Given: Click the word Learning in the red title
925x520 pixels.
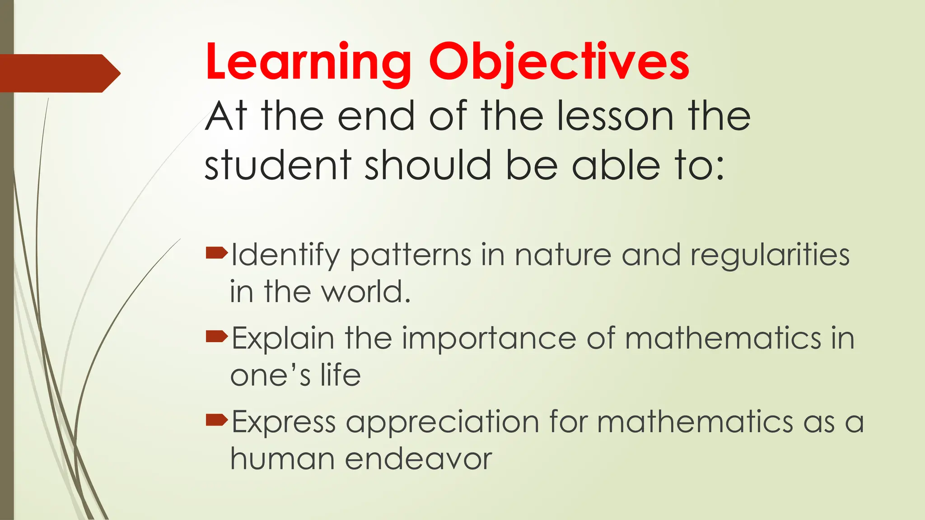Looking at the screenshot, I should tap(308, 62).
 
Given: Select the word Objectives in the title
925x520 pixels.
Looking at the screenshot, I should tap(559, 62).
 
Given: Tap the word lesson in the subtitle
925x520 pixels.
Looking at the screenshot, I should tap(615, 116).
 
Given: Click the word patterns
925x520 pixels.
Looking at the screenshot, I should tap(411, 255).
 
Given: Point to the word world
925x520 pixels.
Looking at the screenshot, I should tap(365, 292).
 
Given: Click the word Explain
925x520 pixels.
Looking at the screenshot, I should tap(283, 339).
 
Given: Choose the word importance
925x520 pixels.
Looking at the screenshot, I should tap(489, 339).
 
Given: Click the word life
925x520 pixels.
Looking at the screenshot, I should tap(341, 375).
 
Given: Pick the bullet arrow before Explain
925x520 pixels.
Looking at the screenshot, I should tap(216, 336).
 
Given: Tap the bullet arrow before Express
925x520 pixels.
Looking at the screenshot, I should tap(216, 420).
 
